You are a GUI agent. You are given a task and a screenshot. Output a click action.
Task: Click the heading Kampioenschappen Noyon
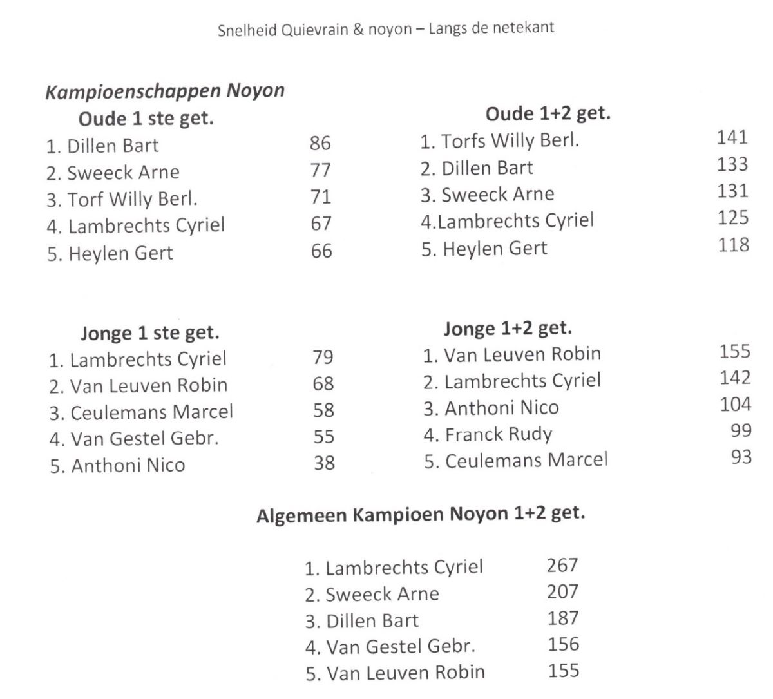point(165,91)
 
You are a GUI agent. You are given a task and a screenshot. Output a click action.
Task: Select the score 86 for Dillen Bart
point(320,143)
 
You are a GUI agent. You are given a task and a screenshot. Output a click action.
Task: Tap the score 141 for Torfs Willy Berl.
point(732,137)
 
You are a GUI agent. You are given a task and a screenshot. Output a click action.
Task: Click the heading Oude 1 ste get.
point(146,119)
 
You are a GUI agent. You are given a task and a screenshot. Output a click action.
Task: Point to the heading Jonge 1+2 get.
point(508,329)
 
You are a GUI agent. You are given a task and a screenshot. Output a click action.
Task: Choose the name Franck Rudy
point(498,434)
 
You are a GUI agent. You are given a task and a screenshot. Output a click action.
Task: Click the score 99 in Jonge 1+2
point(741,430)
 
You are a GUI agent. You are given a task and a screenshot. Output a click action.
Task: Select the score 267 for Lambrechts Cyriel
point(562,565)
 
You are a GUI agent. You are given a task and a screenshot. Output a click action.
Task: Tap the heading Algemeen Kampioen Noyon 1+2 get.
point(421,515)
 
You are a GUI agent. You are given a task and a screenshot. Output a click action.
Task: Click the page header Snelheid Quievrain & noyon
point(386,29)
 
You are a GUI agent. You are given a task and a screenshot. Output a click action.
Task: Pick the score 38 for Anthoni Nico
point(324,463)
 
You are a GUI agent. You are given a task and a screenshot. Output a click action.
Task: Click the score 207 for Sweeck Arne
point(563,591)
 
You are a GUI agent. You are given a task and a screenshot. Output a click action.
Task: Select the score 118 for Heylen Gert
point(734,245)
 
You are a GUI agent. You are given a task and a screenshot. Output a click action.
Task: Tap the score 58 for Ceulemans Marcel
point(323,410)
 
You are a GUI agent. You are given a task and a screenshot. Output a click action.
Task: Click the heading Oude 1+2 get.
point(548,114)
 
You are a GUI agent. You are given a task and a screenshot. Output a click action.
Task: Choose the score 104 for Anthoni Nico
point(736,404)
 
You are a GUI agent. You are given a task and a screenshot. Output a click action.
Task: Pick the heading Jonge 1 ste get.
point(150,333)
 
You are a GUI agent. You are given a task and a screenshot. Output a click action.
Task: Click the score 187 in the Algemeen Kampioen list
point(563,618)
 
